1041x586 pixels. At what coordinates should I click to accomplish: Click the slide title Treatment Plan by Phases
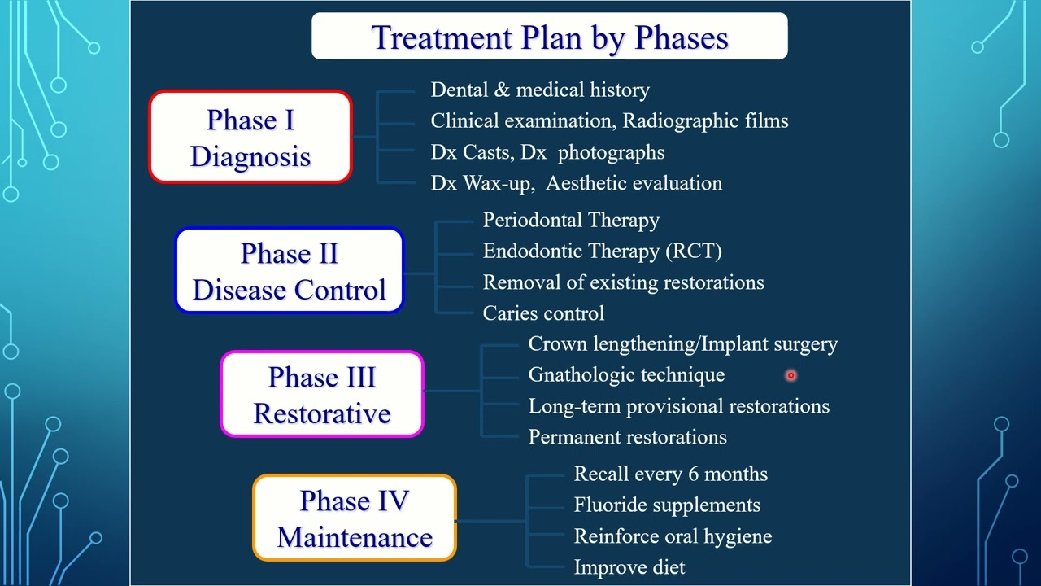[x=550, y=37]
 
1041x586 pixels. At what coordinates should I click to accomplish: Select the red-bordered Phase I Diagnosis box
[x=250, y=137]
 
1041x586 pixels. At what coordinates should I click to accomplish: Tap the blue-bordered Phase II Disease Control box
[x=290, y=271]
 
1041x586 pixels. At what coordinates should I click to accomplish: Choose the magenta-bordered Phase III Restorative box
[x=322, y=395]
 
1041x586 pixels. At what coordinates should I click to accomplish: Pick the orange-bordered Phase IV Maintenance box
[x=355, y=518]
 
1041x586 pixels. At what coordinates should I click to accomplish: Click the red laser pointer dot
[x=791, y=375]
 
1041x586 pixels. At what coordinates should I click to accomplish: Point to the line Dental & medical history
[x=540, y=90]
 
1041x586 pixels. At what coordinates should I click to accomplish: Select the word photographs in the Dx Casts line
[x=611, y=152]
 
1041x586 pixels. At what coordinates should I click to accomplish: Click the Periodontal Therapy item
[x=571, y=220]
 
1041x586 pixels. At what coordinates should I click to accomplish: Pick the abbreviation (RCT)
[x=694, y=251]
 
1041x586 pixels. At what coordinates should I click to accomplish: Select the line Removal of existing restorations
[x=623, y=282]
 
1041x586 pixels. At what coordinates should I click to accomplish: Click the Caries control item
[x=544, y=313]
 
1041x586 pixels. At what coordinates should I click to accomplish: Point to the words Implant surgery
[x=769, y=344]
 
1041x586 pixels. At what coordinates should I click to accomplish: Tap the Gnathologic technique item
[x=626, y=375]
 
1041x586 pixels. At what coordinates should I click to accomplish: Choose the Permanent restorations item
[x=627, y=437]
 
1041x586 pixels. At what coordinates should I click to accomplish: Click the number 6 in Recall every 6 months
[x=694, y=474]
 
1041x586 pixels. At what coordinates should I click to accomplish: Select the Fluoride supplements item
[x=667, y=505]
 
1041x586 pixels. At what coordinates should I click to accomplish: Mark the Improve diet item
[x=629, y=567]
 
